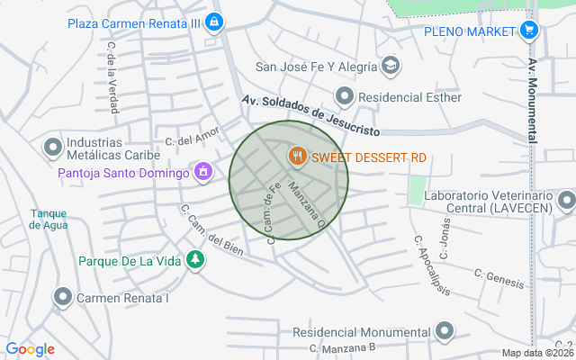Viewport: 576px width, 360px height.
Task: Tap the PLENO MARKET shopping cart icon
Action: pos(529,31)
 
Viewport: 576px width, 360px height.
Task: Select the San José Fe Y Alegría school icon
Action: pos(391,66)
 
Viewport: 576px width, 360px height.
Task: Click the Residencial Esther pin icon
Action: pos(344,96)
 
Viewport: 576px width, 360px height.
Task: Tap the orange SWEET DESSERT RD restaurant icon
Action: pos(296,157)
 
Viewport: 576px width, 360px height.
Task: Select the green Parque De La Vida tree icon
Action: pos(195,261)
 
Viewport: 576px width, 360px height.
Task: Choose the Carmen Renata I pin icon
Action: pos(63,296)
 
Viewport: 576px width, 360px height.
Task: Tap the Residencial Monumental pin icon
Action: pos(444,331)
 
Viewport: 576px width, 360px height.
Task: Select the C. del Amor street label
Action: pos(192,139)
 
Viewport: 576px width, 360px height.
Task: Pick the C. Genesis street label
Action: pos(499,279)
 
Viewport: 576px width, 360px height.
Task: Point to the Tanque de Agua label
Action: pos(48,220)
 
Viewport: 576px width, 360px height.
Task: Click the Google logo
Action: pos(30,349)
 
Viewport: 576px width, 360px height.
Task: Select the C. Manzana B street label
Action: pos(341,347)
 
